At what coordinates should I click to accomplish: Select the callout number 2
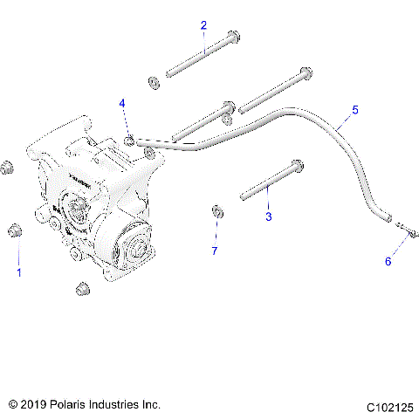[x=203, y=25]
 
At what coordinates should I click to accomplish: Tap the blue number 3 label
[x=269, y=216]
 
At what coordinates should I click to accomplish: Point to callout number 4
[x=123, y=104]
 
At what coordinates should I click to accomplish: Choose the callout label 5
[x=354, y=110]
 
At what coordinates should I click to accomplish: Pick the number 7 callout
[x=214, y=252]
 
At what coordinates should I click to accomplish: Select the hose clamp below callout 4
[x=130, y=140]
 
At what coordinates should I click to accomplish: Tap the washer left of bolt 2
[x=153, y=83]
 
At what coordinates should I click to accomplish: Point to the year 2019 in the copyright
[x=31, y=405]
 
